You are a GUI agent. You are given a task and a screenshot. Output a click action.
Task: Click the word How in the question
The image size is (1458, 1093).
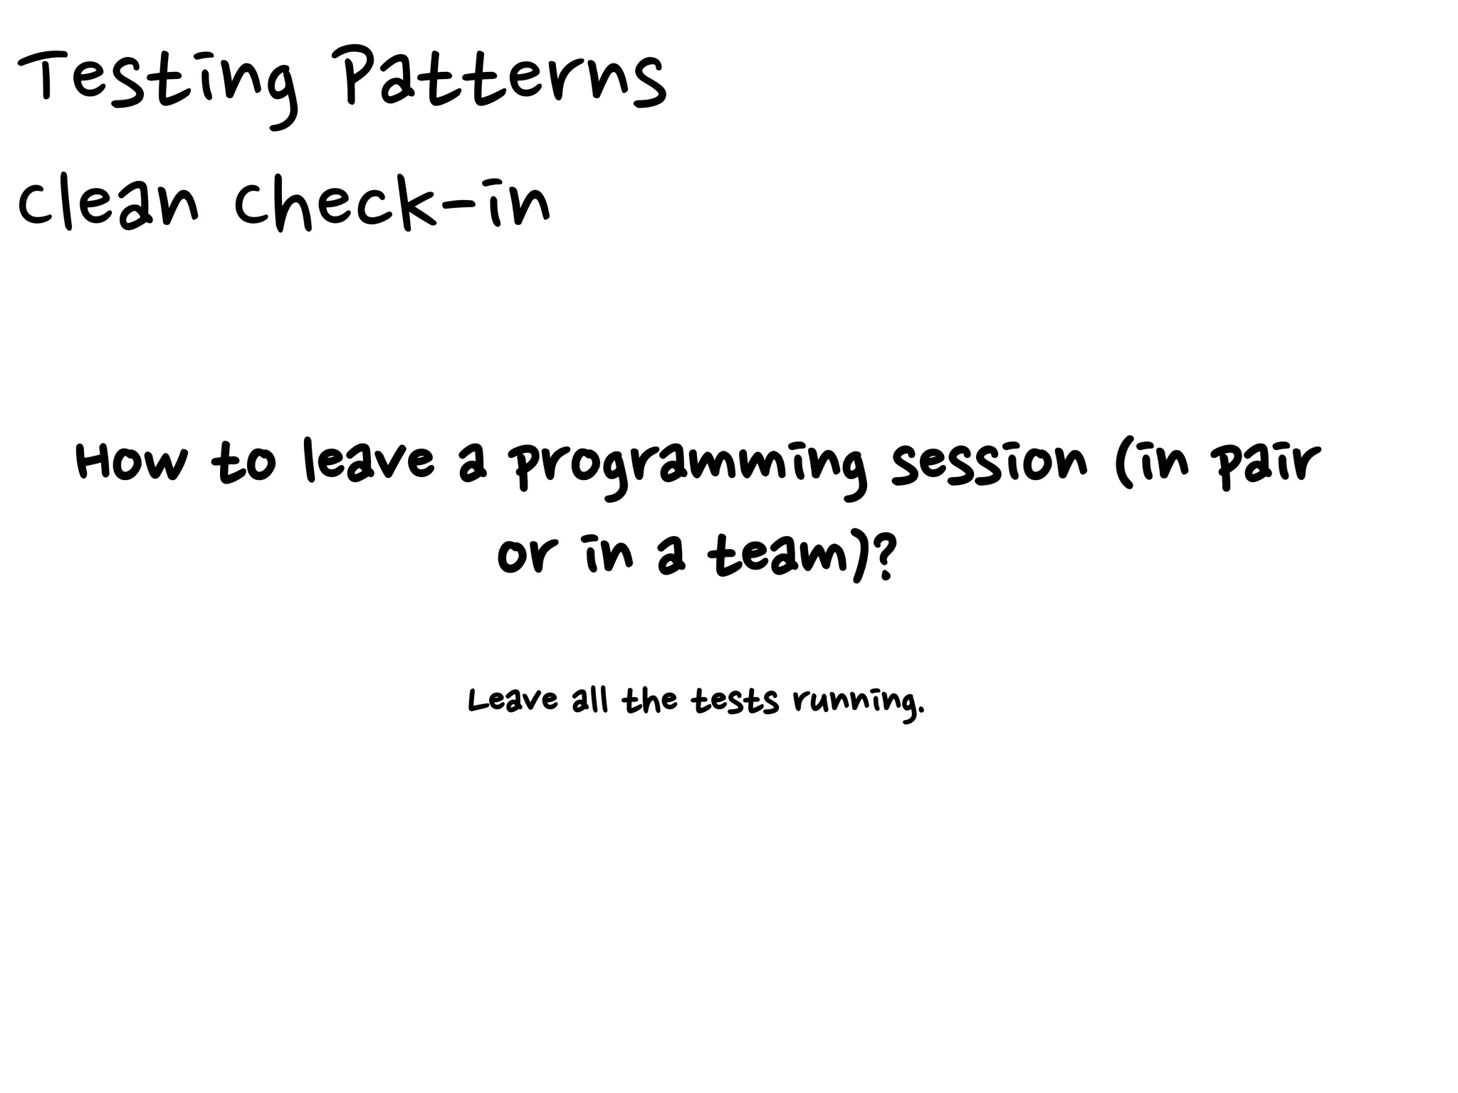(x=132, y=461)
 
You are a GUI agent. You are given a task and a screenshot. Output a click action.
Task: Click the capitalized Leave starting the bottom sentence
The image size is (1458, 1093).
(x=513, y=700)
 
